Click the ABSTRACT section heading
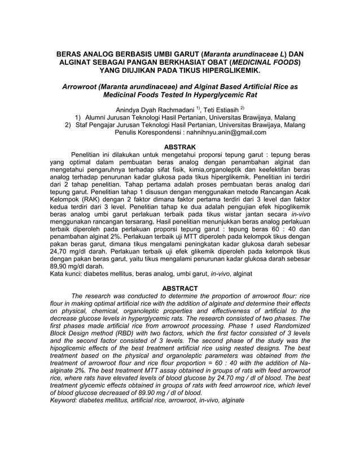click(x=180, y=288)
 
